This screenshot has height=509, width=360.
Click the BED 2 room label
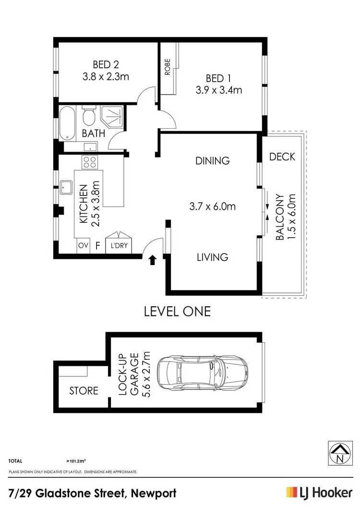click(x=106, y=64)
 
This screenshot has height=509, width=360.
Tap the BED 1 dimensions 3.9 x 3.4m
click(x=217, y=90)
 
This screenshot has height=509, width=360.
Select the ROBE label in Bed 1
click(x=168, y=69)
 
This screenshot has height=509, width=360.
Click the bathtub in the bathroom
click(x=68, y=123)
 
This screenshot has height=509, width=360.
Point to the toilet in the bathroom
click(x=89, y=116)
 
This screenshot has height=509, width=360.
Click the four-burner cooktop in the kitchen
click(x=89, y=162)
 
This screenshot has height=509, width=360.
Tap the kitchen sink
click(x=66, y=187)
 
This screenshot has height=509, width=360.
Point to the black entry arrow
click(x=153, y=260)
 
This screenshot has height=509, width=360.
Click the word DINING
click(x=212, y=161)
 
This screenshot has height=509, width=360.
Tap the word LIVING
click(x=212, y=257)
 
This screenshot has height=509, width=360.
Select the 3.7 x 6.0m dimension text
click(x=212, y=207)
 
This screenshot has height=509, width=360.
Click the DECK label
click(x=282, y=157)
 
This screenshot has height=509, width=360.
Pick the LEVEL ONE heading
click(x=178, y=311)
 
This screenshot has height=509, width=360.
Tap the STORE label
click(x=84, y=390)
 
